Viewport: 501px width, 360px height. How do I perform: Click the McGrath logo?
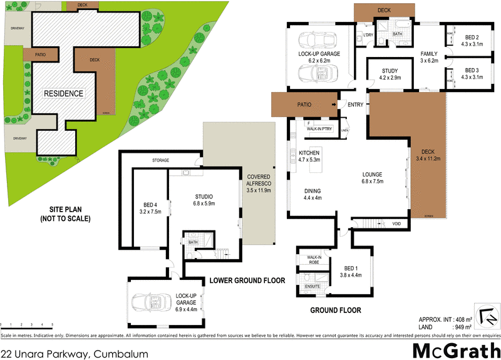[x=455, y=349]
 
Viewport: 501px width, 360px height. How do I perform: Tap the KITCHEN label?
[x=309, y=157]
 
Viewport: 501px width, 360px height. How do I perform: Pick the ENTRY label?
[x=356, y=105]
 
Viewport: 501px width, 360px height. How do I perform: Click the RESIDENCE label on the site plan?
[x=63, y=93]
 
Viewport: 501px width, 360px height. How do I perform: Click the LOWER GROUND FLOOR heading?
[x=247, y=280]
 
